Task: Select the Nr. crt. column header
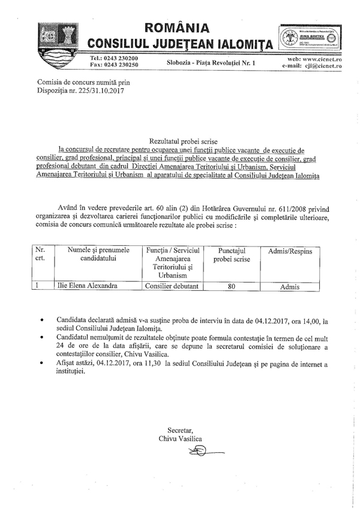[x=41, y=254]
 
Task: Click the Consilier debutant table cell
[x=172, y=286]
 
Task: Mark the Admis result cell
[x=289, y=287]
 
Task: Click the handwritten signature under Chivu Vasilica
[x=188, y=450]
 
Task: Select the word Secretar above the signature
[x=181, y=430]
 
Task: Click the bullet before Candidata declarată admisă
[x=40, y=321]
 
